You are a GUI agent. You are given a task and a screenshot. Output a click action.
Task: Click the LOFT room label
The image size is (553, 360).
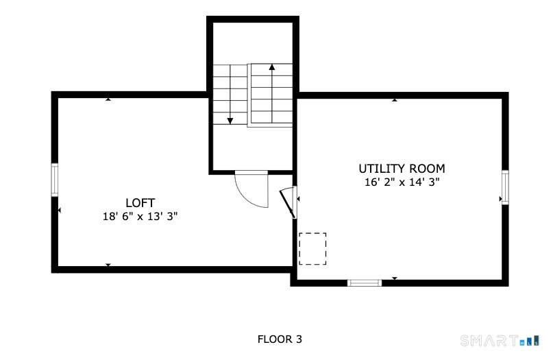140,203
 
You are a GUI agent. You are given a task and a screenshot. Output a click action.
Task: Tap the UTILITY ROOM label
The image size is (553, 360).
402,169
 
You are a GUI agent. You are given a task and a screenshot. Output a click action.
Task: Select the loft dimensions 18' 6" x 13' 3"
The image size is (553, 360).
140,217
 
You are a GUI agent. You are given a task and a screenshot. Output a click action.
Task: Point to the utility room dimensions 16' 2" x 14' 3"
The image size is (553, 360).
402,182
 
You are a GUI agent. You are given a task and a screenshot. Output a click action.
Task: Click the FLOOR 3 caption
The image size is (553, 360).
280,339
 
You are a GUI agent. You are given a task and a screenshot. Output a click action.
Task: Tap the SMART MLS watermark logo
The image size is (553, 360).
500,341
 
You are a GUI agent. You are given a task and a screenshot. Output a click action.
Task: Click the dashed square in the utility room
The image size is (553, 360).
312,249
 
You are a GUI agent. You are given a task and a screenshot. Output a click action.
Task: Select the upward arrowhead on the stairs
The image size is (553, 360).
271,67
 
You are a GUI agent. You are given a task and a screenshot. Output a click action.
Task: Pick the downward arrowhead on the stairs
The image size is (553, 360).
230,121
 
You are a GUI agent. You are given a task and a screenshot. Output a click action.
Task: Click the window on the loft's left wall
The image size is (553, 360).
55,180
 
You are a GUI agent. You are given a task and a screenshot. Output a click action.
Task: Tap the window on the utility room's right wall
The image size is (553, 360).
505,187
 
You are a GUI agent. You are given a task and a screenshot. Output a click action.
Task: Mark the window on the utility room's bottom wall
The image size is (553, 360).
365,283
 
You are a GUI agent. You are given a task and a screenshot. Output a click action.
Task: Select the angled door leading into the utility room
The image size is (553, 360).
287,204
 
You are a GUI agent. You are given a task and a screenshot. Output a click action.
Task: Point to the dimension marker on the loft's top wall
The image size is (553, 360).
108,99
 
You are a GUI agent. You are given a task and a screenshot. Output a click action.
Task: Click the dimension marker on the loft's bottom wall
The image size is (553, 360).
108,265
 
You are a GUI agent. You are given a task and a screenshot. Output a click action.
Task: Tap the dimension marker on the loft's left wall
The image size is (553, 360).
59,211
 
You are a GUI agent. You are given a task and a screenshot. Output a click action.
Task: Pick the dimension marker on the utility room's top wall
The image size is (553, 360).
395,100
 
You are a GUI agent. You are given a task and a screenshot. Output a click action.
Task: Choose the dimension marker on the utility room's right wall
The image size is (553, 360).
500,199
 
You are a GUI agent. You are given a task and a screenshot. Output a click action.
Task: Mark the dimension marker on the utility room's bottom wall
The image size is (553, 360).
395,278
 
